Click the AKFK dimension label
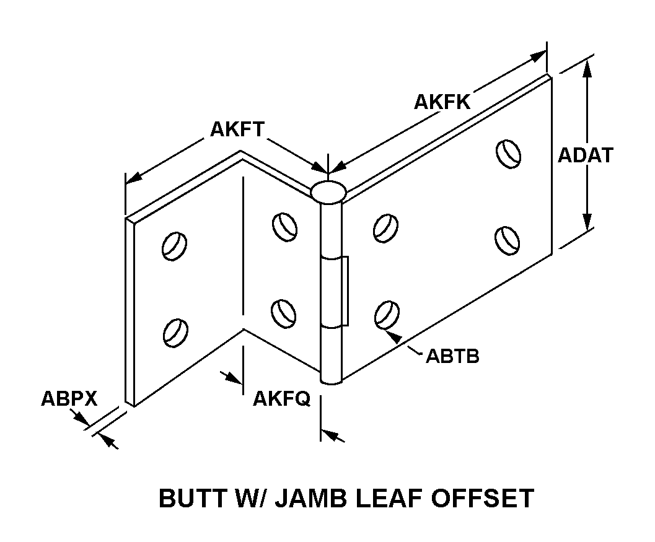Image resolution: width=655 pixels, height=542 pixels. [x=442, y=102]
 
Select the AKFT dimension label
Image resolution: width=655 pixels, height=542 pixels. [x=237, y=129]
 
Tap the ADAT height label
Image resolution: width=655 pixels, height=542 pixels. [x=586, y=155]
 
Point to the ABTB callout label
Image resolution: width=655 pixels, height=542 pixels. [x=452, y=357]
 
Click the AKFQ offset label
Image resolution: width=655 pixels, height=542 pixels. [x=281, y=399]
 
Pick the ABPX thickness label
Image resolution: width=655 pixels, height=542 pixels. [x=69, y=398]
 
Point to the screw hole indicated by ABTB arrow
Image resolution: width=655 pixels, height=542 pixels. [x=386, y=315]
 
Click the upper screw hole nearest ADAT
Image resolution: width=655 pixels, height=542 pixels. [x=508, y=153]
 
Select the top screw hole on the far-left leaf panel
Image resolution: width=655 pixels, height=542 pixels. [x=174, y=245]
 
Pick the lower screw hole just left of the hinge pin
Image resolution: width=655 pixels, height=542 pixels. [x=284, y=311]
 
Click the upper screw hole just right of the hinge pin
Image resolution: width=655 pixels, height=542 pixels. [x=384, y=227]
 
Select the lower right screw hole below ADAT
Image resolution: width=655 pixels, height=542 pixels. [x=508, y=238]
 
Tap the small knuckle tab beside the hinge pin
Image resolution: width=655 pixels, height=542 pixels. [x=345, y=290]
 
